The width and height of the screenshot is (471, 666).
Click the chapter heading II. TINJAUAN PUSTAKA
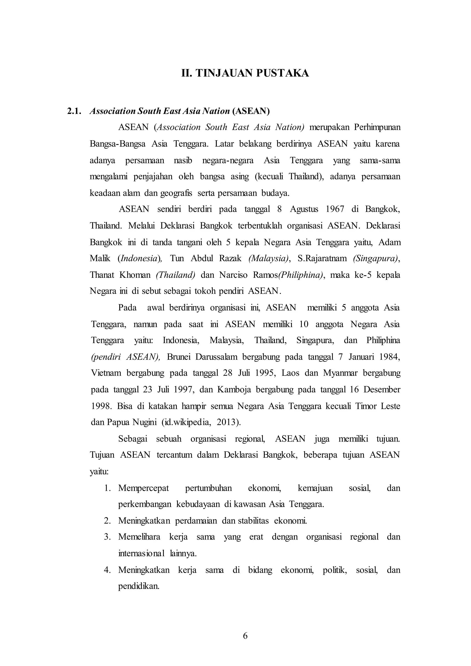pos(245,73)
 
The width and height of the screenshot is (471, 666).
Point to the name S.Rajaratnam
pos(322,258)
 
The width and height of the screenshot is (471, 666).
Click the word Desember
pos(382,390)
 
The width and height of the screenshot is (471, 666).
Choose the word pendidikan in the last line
pos(139,586)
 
